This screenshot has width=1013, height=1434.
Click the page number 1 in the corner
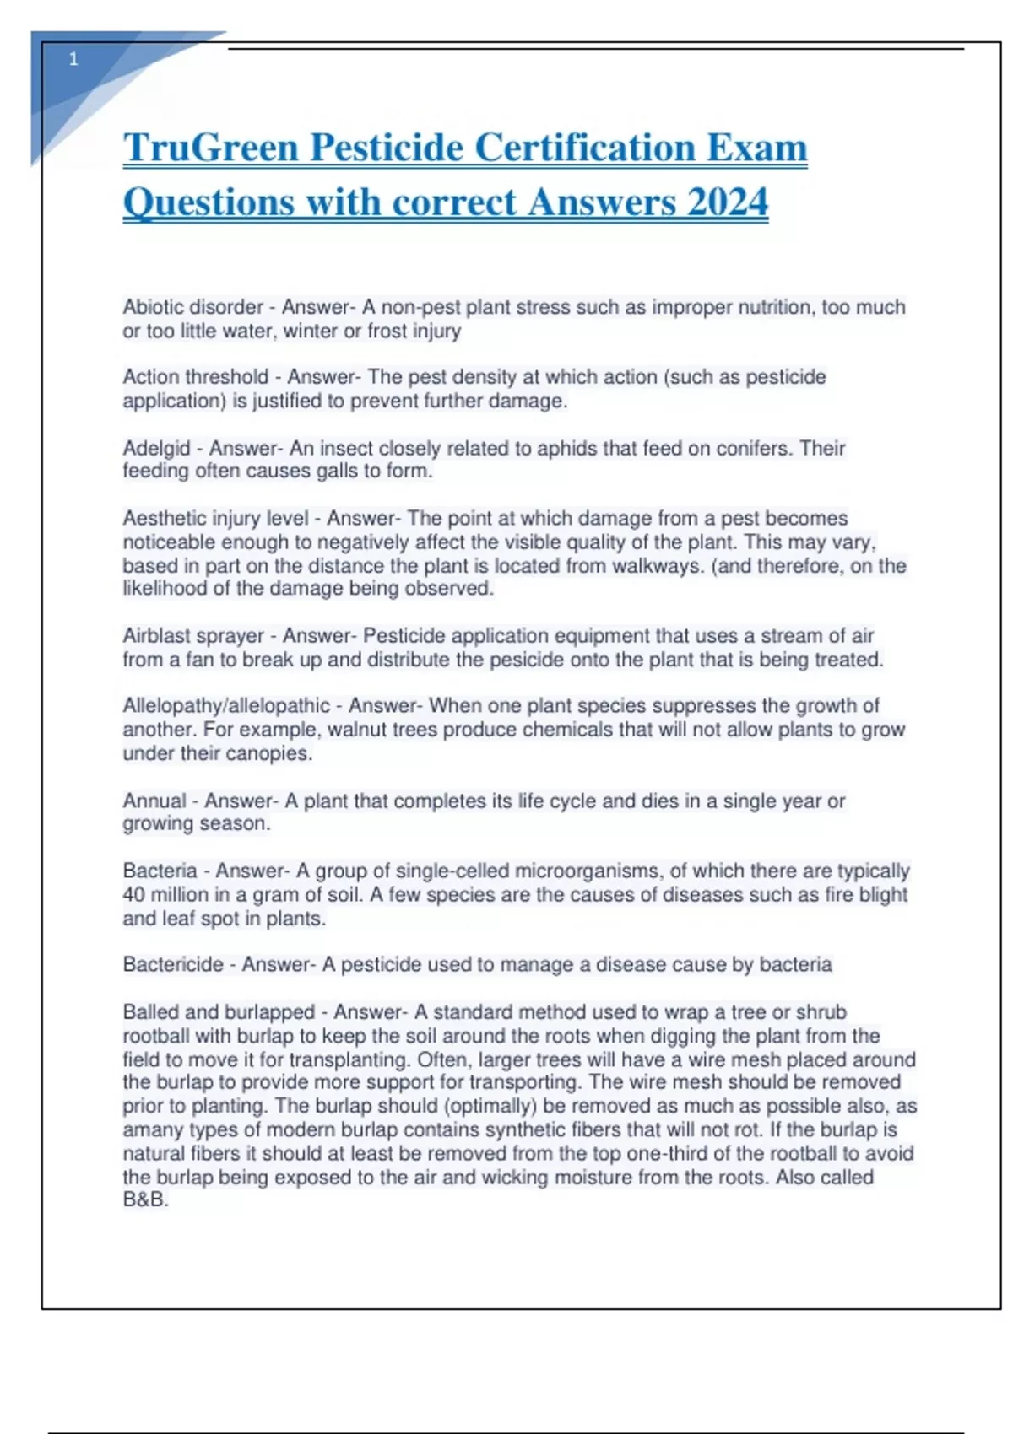point(73,59)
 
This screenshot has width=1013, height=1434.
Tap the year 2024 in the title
point(727,202)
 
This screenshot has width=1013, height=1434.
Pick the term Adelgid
point(156,448)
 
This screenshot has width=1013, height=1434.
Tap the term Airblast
point(157,635)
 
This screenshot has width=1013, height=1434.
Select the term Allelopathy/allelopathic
point(226,705)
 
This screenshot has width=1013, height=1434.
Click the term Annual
point(154,801)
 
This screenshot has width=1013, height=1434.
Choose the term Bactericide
point(173,964)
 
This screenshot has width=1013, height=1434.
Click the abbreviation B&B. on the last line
point(145,1199)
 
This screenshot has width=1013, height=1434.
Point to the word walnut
point(358,729)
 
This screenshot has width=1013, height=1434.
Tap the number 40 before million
point(134,894)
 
